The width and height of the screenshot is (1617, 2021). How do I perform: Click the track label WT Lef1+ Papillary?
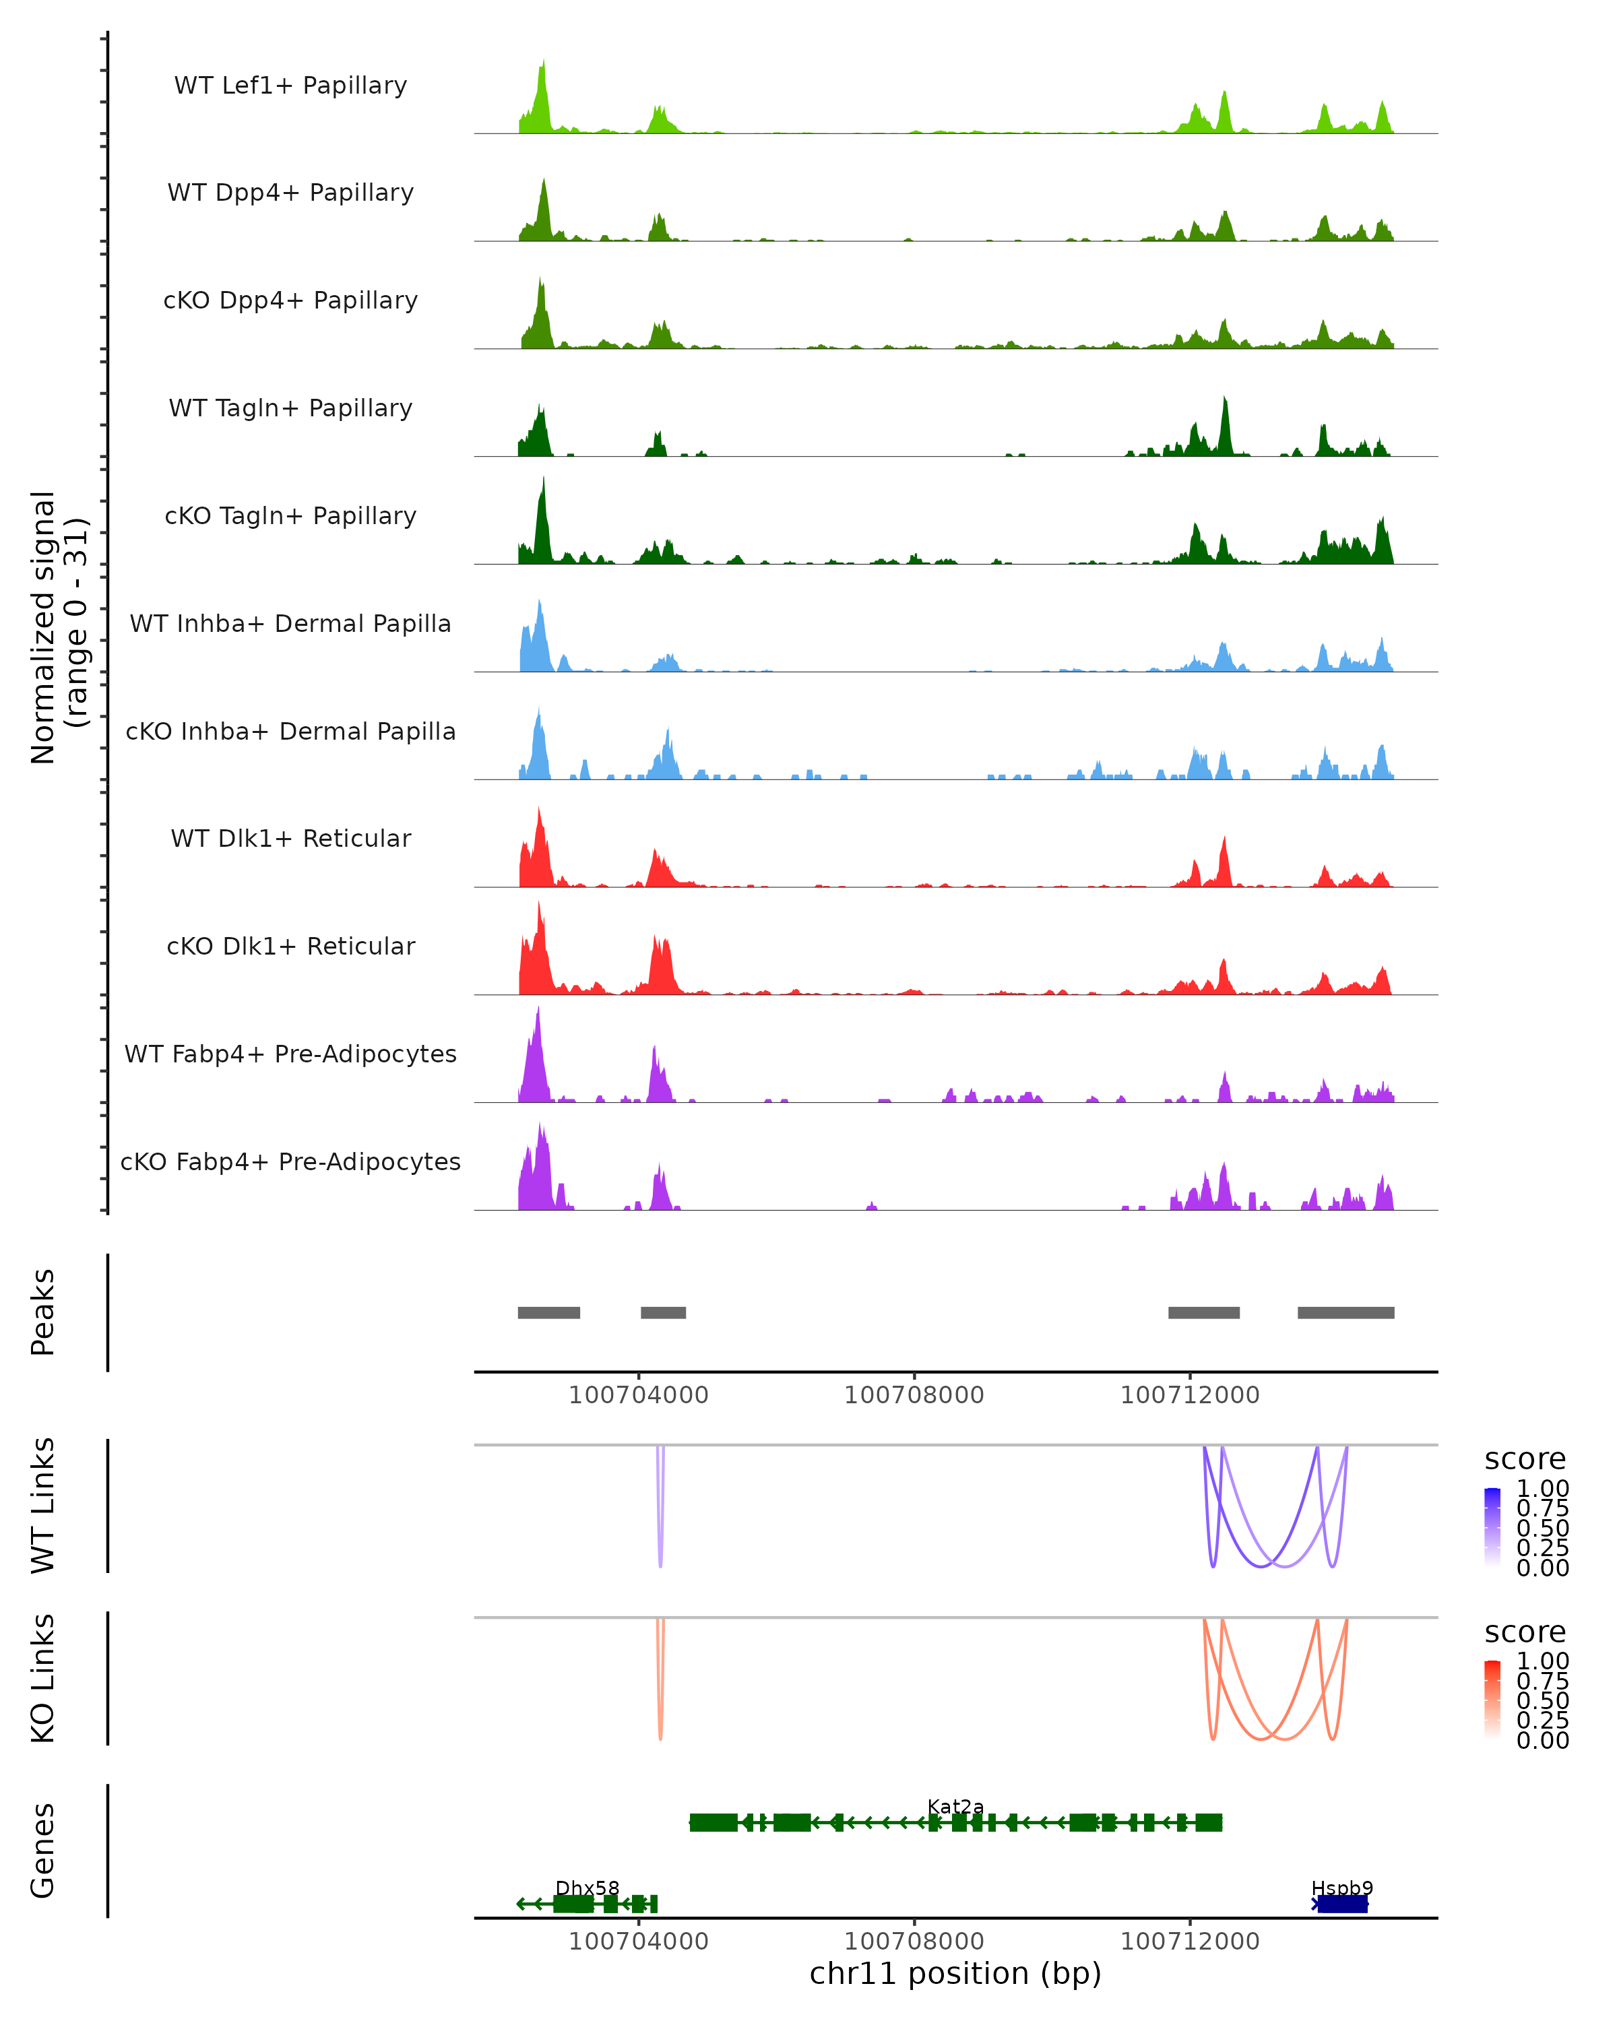pos(290,86)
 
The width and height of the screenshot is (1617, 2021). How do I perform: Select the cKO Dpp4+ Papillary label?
pos(290,300)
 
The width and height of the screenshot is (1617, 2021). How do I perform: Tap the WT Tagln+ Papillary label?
pos(290,408)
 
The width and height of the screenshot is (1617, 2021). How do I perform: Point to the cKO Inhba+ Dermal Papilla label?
pos(290,731)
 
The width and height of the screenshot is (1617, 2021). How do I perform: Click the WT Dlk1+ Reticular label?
pos(290,838)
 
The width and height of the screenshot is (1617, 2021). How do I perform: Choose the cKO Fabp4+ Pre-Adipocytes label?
pos(290,1161)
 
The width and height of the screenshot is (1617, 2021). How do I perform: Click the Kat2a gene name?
pos(955,1806)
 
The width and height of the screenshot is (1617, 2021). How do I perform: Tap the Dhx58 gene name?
pos(587,1888)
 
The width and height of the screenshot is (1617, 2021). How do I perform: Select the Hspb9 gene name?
pos(1341,1888)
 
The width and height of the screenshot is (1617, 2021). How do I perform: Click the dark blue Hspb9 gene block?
pos(1341,1904)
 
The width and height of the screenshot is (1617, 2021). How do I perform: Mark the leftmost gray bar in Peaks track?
pos(548,1312)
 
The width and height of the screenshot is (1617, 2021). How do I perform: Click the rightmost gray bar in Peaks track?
pos(1345,1312)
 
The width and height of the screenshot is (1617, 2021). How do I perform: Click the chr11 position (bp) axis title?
pos(955,1973)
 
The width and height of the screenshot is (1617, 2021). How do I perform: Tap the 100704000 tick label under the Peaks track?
pos(638,1395)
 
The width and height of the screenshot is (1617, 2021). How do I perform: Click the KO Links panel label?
pos(43,1679)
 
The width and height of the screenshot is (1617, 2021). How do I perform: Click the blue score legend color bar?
pos(1492,1527)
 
